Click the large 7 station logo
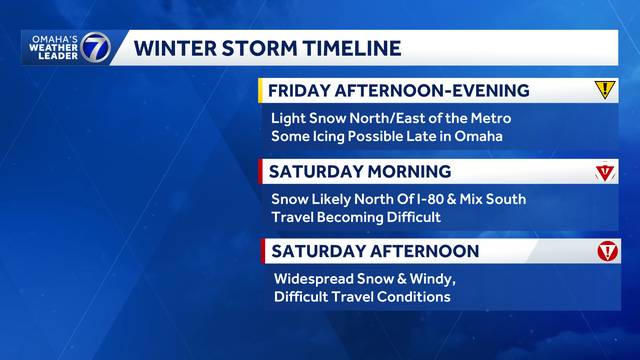point(94,47)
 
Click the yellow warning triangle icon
point(605,90)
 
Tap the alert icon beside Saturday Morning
point(605,172)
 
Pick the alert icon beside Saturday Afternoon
point(607,251)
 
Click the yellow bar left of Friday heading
point(261,91)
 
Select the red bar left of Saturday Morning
point(261,171)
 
